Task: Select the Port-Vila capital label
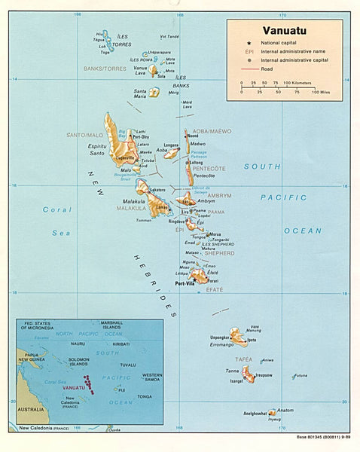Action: point(185,284)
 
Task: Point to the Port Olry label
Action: point(141,136)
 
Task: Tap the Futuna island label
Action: point(301,374)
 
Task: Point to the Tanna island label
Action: point(233,370)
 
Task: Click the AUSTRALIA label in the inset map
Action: point(32,409)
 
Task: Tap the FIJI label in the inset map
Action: point(121,389)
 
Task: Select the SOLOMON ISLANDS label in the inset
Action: point(79,362)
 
